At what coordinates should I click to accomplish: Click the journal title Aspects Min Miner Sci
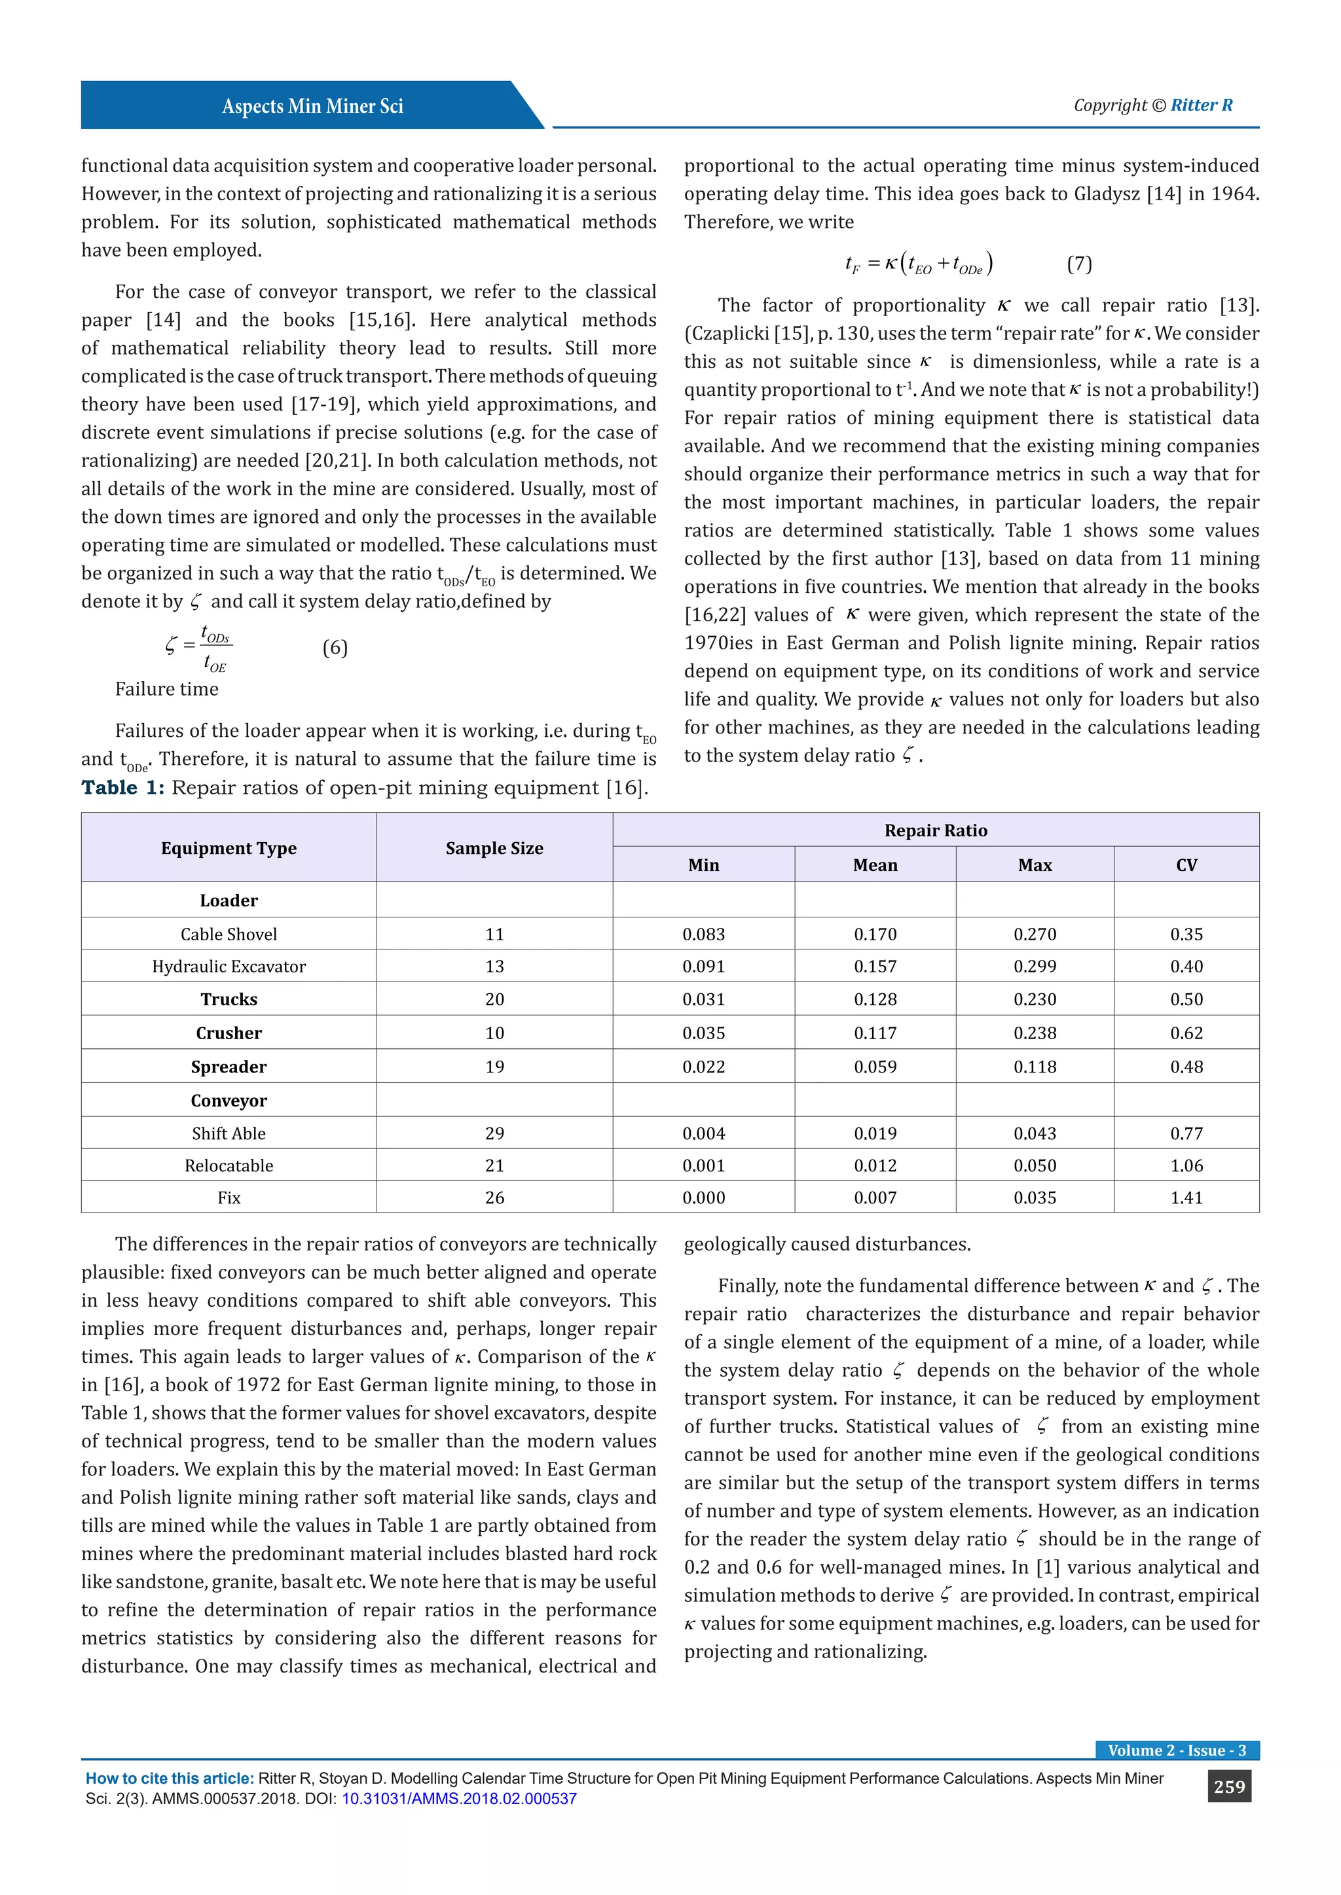click(x=312, y=107)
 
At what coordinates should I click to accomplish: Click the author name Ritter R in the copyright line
click(x=1202, y=105)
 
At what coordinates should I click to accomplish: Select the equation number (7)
click(x=1078, y=264)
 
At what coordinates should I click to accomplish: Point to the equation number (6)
click(x=335, y=648)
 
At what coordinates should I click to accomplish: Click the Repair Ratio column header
click(x=935, y=830)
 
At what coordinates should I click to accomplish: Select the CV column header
click(x=1186, y=865)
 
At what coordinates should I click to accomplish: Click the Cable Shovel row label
click(x=229, y=934)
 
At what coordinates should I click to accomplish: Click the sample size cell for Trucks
click(x=494, y=999)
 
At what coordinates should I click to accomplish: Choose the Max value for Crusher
click(x=1035, y=1033)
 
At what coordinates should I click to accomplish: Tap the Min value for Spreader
click(x=703, y=1067)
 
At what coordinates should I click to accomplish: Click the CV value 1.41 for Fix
click(x=1186, y=1197)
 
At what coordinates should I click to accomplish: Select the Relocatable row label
click(x=229, y=1165)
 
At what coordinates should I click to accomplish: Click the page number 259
click(x=1228, y=1787)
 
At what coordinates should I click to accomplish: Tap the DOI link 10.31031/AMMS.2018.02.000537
click(x=459, y=1798)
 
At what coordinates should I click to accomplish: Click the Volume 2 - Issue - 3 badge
click(x=1176, y=1750)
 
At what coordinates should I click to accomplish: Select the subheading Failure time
click(x=167, y=689)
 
